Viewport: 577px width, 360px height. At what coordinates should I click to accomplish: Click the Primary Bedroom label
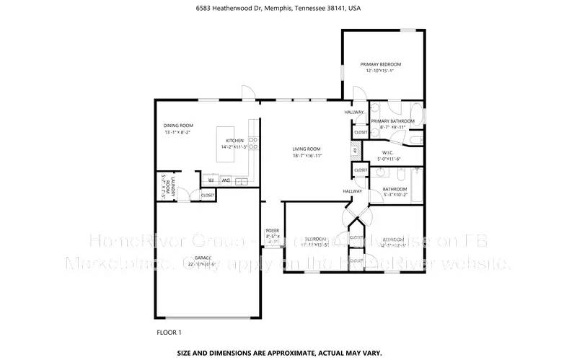coord(381,64)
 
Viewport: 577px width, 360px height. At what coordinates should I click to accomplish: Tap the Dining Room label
coord(179,126)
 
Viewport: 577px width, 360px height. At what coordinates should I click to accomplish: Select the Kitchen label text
coord(235,140)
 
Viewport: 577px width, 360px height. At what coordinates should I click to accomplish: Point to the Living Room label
coord(307,149)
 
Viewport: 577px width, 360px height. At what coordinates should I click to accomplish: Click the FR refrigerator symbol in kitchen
coord(211,180)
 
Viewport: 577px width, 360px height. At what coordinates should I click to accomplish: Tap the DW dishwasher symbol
coord(226,180)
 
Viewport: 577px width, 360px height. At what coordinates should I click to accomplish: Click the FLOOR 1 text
coord(169,333)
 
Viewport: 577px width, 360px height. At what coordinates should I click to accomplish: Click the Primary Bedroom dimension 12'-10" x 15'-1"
coord(381,71)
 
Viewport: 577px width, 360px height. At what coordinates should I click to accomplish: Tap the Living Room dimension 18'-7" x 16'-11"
coord(307,155)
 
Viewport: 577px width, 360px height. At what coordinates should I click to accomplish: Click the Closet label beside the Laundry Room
coord(207,195)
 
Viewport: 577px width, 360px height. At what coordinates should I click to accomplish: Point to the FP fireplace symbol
coord(354,151)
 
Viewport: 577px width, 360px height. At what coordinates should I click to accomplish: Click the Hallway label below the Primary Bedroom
coord(353,112)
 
